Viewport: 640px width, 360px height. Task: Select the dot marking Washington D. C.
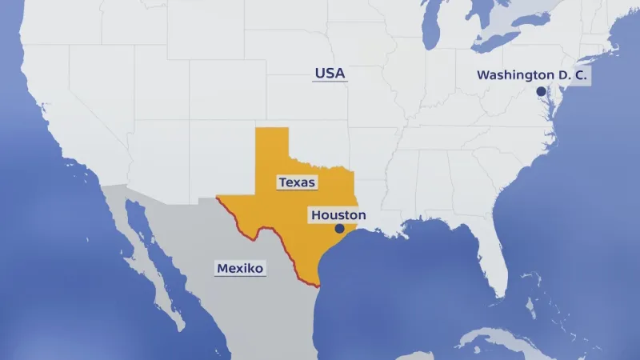click(x=541, y=91)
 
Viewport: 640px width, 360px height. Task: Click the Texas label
click(x=297, y=182)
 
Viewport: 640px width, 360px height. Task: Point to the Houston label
click(x=338, y=215)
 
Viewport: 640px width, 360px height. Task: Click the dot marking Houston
click(x=338, y=229)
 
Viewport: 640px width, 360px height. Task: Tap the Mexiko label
click(x=240, y=268)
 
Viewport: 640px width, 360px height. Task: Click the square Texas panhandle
click(x=272, y=144)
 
